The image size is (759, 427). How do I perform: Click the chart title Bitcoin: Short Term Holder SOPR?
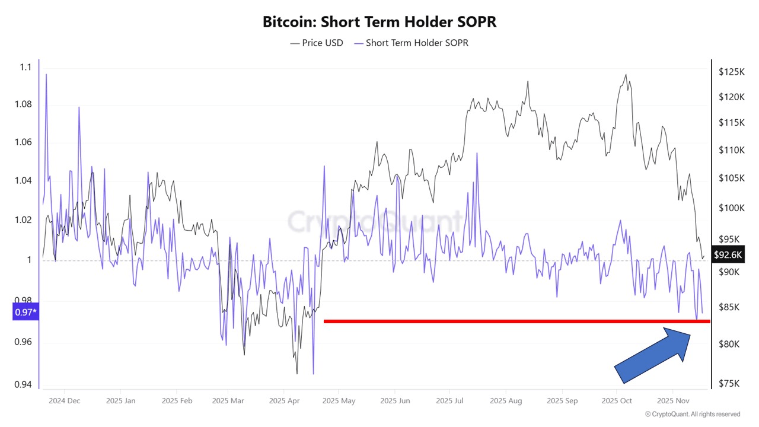pos(379,22)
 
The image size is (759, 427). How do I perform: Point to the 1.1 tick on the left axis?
pos(24,68)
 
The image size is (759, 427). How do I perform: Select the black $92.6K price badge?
pos(727,255)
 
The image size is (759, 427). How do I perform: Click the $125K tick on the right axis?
pos(731,72)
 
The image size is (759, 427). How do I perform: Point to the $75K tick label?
pos(729,383)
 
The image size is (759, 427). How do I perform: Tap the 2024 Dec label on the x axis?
pos(65,401)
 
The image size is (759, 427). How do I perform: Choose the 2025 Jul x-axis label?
pos(449,401)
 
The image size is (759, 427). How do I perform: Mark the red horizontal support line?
pos(516,321)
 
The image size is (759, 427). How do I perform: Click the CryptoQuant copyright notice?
pos(692,414)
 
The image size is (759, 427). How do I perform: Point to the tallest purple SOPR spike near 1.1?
pos(46,75)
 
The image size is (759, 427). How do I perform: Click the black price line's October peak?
pos(625,75)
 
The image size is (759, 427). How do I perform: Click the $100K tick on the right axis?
pos(731,208)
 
